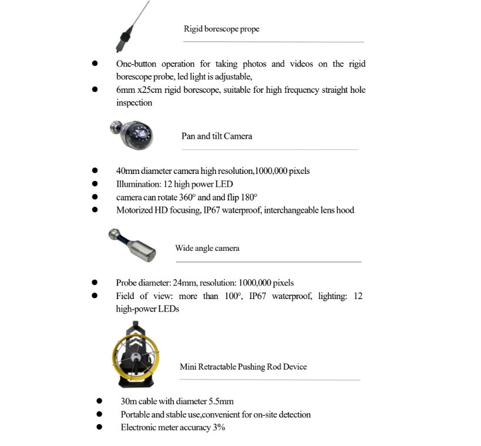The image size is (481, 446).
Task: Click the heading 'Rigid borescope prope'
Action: pos(221,29)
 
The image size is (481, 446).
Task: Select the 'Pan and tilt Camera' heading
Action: pos(217,136)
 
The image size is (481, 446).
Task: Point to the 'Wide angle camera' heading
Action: pos(207,248)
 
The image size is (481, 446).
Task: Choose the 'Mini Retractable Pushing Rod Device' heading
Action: pos(243,367)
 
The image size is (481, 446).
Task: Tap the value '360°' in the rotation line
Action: pos(188,197)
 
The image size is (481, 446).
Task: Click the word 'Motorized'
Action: pos(134,210)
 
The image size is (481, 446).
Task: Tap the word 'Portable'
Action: pos(136,415)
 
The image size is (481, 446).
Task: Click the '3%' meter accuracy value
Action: pos(219,428)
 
